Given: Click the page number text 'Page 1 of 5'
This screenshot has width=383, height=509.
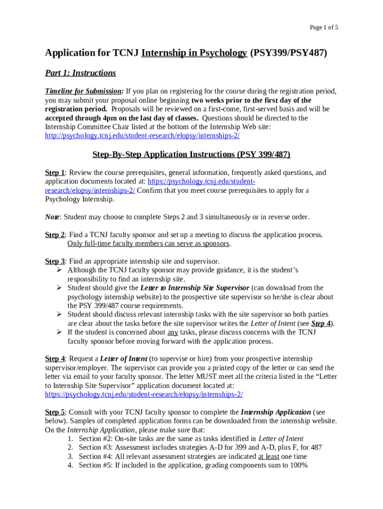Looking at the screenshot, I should tap(324, 27).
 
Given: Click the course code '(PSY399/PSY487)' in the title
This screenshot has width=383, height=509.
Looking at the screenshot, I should tap(288, 53).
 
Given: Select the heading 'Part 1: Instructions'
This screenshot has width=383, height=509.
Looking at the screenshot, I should tap(81, 73).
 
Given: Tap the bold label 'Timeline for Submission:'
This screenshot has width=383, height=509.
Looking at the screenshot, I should tap(85, 91).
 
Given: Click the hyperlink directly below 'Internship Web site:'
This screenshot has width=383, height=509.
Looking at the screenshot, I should tap(142, 136).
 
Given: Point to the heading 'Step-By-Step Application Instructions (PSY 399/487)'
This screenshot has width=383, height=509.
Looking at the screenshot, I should tap(191, 155).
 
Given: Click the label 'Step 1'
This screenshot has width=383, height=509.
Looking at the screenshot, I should tap(55, 172).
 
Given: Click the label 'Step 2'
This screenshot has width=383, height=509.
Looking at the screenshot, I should tap(55, 235).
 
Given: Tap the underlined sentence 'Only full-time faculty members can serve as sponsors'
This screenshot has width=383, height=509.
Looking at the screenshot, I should tap(149, 244).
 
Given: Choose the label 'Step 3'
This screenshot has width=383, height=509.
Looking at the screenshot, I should tap(55, 261).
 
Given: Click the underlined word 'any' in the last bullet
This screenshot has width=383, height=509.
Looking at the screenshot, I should tap(172, 332).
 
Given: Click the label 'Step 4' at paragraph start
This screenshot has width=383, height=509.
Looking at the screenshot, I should tap(55, 358).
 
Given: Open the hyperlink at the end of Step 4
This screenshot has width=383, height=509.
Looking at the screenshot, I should tap(144, 394).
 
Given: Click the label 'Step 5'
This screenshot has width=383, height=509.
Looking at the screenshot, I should tap(55, 412).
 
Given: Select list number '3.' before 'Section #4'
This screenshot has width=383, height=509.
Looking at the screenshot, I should tap(70, 456).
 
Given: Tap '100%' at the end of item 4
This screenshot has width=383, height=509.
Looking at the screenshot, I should tap(298, 465).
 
